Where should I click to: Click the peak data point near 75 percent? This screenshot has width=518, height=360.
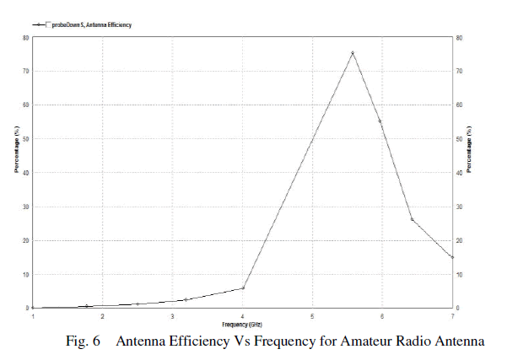coord(353,53)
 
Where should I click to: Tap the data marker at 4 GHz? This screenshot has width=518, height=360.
coord(243,288)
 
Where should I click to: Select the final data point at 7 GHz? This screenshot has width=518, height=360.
coord(452,257)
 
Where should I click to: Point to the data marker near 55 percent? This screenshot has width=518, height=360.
coord(380,121)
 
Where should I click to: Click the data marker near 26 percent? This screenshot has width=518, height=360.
coord(412,219)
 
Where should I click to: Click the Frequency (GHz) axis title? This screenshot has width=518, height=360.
coord(242,324)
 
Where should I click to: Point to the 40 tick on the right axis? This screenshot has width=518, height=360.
coord(457,173)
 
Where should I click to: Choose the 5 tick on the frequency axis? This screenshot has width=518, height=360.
coord(312,316)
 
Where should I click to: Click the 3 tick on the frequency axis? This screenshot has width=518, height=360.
coord(172,316)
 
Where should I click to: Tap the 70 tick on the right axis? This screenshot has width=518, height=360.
coord(457,71)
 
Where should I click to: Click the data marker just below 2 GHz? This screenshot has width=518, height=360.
coord(88,306)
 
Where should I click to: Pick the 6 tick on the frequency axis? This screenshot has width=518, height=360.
coord(382,316)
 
